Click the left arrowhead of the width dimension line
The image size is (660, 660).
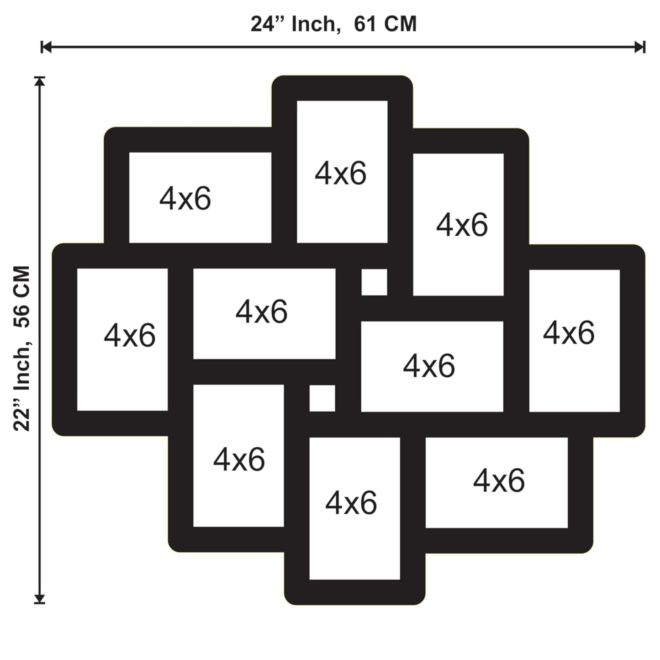(46, 47)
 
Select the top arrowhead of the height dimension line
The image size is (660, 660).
(40, 81)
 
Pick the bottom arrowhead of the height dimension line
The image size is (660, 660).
(40, 598)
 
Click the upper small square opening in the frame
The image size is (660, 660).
(374, 282)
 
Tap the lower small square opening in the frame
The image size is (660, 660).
(322, 398)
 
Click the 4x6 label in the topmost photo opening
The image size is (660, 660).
(340, 174)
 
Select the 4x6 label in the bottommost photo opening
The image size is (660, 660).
(351, 503)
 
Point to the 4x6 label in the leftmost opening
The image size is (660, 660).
(129, 335)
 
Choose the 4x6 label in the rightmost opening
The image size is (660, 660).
(569, 333)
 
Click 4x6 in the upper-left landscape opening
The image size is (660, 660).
(185, 198)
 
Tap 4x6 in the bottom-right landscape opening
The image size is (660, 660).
(499, 481)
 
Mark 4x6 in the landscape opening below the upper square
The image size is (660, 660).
(429, 366)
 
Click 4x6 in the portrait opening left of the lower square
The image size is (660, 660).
(239, 459)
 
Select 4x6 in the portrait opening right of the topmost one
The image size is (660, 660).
(462, 225)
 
